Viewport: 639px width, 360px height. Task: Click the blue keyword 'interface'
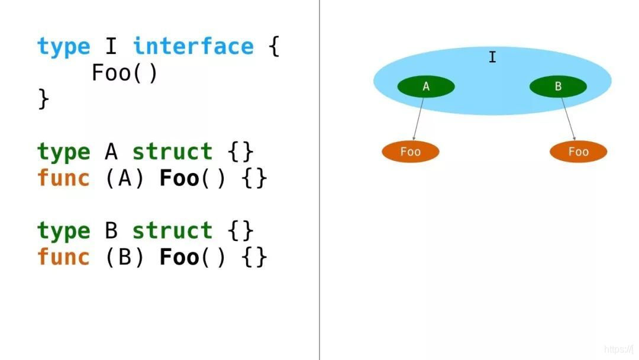[193, 47]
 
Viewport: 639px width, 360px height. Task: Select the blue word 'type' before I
[63, 47]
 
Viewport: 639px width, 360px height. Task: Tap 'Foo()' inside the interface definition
[124, 73]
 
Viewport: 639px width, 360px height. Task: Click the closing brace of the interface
[43, 99]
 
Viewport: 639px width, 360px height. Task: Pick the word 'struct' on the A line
[172, 152]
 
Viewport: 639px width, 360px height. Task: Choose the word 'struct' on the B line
[172, 231]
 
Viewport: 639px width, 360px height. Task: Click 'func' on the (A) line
[63, 178]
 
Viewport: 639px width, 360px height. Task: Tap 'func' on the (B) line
[63, 257]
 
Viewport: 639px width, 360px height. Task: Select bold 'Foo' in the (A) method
[179, 178]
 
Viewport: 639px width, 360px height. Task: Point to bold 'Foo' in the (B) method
[179, 257]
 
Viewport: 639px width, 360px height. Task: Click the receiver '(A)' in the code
[125, 178]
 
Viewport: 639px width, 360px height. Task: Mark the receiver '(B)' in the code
[125, 257]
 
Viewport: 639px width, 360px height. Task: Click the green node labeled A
[426, 87]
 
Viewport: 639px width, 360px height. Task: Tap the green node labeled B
[558, 87]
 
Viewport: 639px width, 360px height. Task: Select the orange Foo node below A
[411, 152]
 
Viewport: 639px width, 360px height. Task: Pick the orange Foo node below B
[578, 152]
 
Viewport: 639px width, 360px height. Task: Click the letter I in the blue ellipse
[492, 57]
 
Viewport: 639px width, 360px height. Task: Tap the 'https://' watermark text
[619, 350]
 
